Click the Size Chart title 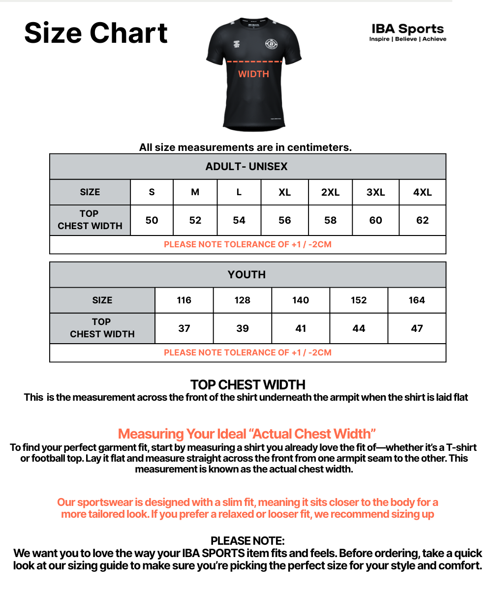pyautogui.click(x=96, y=33)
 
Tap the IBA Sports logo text pyautogui.click(x=407, y=29)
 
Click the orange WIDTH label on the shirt pyautogui.click(x=253, y=74)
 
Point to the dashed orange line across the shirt pyautogui.click(x=254, y=62)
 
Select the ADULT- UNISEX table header pyautogui.click(x=246, y=167)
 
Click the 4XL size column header pyautogui.click(x=422, y=192)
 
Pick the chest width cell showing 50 pyautogui.click(x=152, y=220)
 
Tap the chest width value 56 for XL pyautogui.click(x=284, y=220)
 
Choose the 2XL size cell pyautogui.click(x=330, y=192)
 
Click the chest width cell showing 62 pyautogui.click(x=422, y=220)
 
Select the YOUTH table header pyautogui.click(x=246, y=275)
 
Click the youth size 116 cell pyautogui.click(x=184, y=300)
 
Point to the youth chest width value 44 pyautogui.click(x=359, y=328)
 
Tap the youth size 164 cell pyautogui.click(x=417, y=300)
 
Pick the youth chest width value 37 pyautogui.click(x=184, y=328)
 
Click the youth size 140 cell pyautogui.click(x=301, y=300)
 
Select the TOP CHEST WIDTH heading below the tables pyautogui.click(x=248, y=384)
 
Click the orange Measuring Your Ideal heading pyautogui.click(x=247, y=434)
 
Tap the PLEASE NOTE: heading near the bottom pyautogui.click(x=247, y=541)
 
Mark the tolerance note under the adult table pyautogui.click(x=247, y=244)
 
